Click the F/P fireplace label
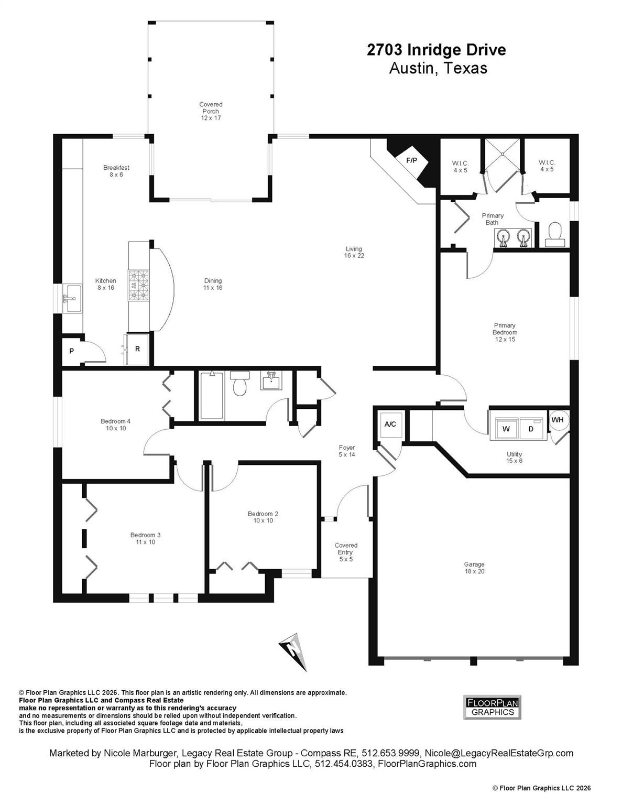pos(412,160)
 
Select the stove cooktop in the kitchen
pos(139,286)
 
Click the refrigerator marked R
pos(138,349)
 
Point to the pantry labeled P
pos(72,351)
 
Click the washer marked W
pos(506,429)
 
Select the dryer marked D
pos(531,429)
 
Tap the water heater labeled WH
pos(558,420)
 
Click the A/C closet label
pos(390,424)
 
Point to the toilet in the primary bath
pos(554,234)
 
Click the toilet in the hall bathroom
pos(240,384)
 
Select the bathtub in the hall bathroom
pos(212,396)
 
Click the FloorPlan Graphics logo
pos(492,707)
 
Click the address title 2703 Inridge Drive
pos(436,50)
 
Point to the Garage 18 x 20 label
pos(474,568)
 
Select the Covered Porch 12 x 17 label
pos(211,111)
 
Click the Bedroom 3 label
pos(145,538)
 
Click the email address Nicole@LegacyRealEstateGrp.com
pos(498,753)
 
